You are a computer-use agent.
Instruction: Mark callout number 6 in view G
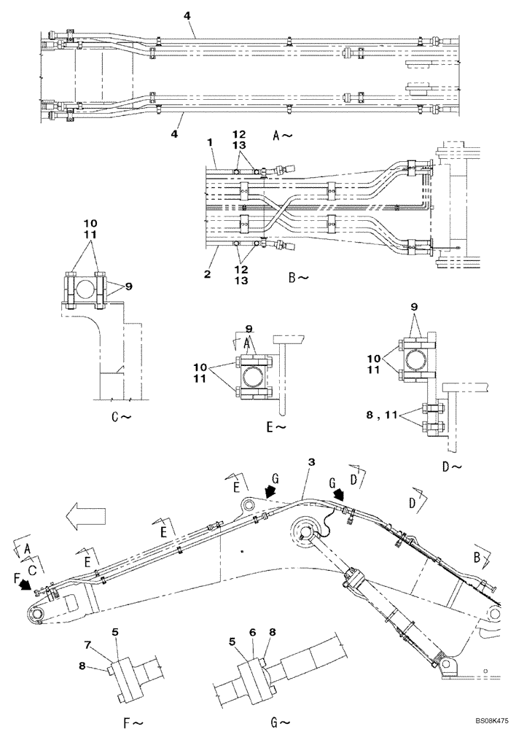pos(252,633)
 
